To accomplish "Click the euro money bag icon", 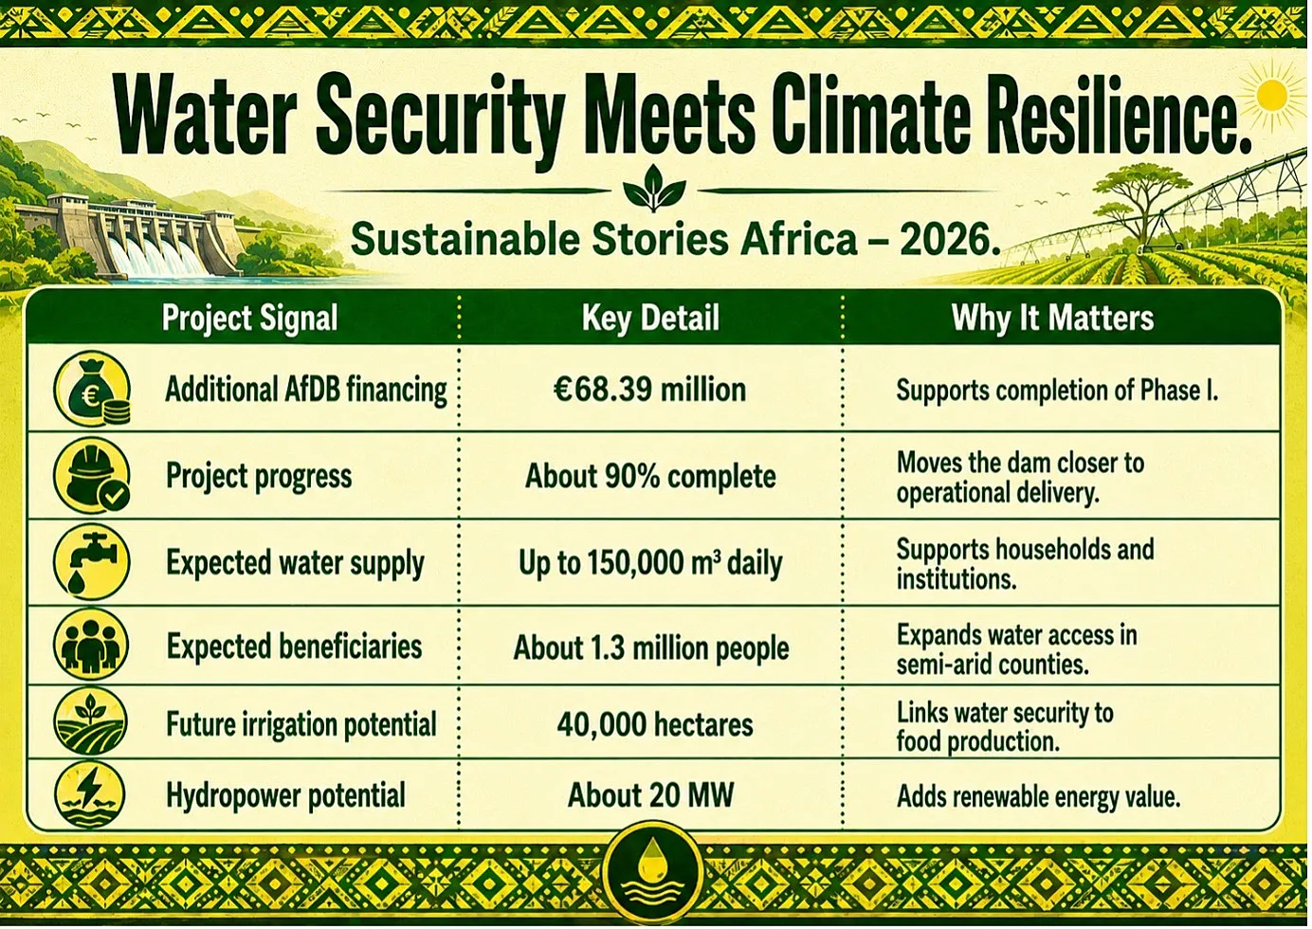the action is [92, 389].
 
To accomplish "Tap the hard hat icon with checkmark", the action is [92, 476].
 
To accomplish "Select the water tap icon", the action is [92, 562].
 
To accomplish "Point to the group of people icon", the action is [91, 645].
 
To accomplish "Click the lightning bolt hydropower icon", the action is [90, 793].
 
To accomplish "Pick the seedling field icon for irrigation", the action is [90, 721].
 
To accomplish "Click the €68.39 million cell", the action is [649, 390].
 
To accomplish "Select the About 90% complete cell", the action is [650, 476].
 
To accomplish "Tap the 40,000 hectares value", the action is [655, 724].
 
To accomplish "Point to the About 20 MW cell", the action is [650, 795].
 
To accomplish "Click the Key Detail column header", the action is [650, 319].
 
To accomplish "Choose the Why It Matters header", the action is [1052, 319].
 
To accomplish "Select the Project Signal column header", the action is [250, 319].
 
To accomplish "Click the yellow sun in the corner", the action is [1271, 96].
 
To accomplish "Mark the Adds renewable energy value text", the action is [1038, 796].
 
